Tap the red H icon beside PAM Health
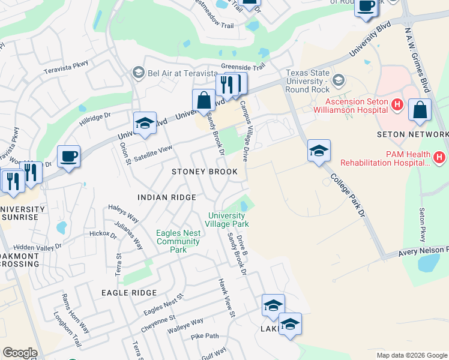(x=439, y=157)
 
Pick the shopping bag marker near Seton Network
(x=420, y=110)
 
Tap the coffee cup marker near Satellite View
(x=68, y=157)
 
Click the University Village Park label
(x=228, y=220)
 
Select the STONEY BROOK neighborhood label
(x=205, y=172)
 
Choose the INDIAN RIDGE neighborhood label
(x=166, y=197)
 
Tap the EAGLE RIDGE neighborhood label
(x=129, y=293)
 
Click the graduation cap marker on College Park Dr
(x=319, y=151)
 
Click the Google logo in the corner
(x=20, y=353)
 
